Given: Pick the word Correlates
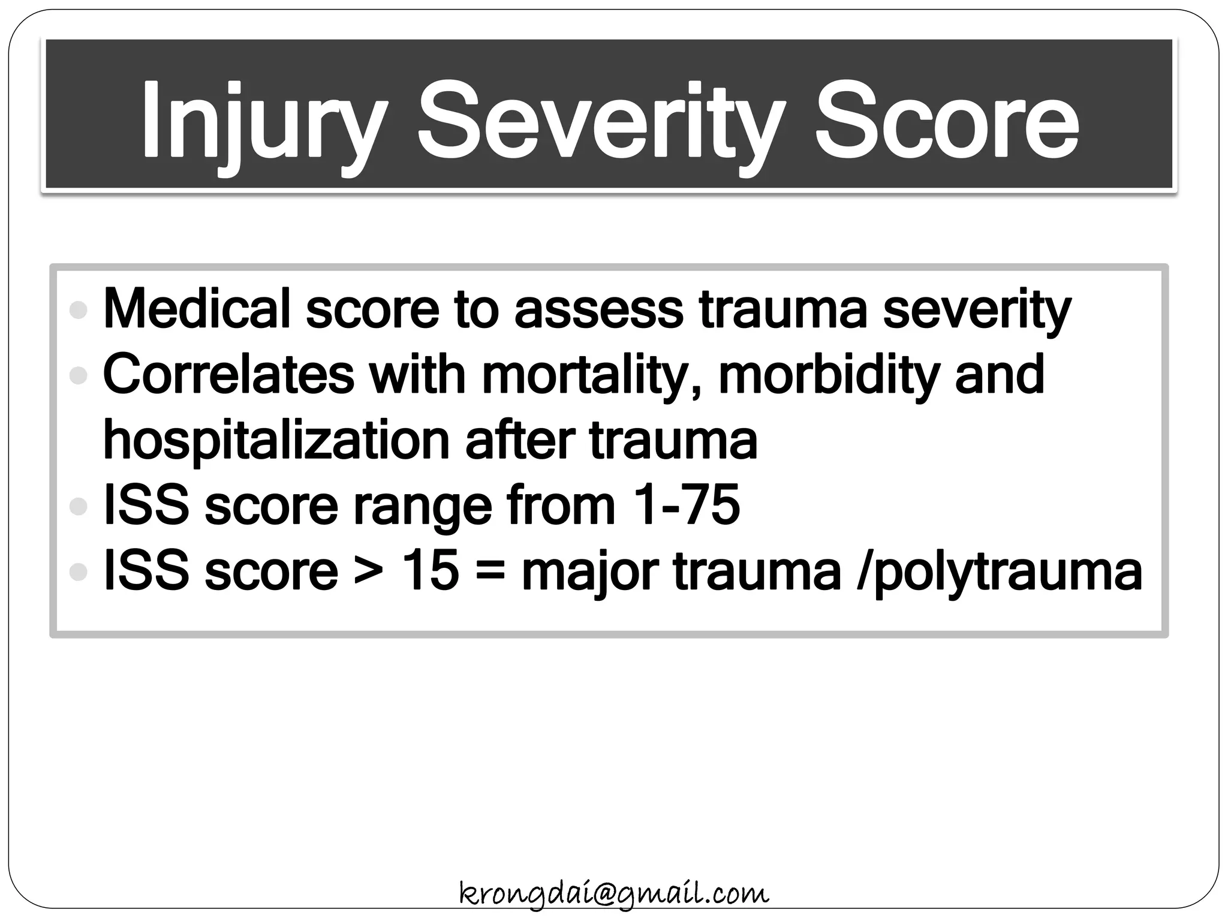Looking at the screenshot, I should click(x=228, y=374).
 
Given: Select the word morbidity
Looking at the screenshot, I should click(x=827, y=375).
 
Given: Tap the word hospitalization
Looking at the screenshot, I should click(x=276, y=441).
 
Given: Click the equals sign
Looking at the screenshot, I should click(x=490, y=571).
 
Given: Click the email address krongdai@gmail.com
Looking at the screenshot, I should click(x=613, y=893).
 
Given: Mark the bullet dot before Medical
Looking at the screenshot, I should click(x=78, y=310).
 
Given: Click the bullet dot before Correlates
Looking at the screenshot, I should click(x=78, y=376).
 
